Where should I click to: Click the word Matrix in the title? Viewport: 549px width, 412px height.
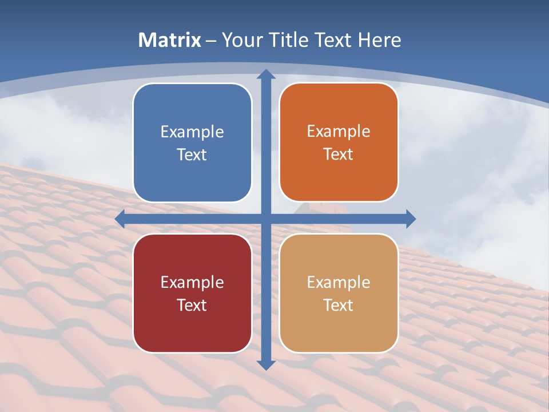(170, 40)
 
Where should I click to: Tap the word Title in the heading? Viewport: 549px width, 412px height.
(286, 40)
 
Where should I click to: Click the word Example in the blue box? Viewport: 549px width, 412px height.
(192, 132)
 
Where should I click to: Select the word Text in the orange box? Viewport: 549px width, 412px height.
(339, 154)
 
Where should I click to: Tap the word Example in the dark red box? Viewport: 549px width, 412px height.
(192, 282)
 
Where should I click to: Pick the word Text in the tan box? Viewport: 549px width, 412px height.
(339, 305)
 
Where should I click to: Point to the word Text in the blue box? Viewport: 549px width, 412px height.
(192, 154)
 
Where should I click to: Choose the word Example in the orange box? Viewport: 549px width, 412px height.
(339, 132)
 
